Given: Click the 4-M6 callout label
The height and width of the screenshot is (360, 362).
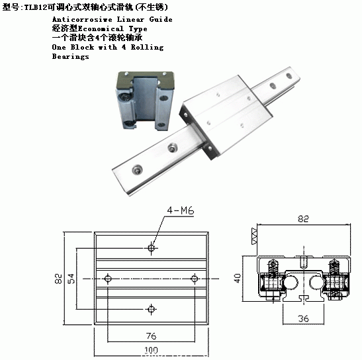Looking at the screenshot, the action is pos(181,210).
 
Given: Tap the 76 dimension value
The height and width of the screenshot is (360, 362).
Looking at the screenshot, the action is pos(151,336).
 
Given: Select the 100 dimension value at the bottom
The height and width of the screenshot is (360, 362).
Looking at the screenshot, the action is pos(151,350).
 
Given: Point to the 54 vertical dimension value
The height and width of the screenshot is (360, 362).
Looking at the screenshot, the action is pos(71,279).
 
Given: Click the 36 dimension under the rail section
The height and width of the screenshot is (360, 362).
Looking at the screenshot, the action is pos(303,319).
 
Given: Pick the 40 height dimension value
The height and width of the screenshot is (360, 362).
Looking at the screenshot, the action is pos(238,278).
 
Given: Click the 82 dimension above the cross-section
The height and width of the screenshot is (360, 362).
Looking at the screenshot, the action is pos(303,218).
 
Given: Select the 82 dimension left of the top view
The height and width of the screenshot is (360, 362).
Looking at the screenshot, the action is pos(58,279).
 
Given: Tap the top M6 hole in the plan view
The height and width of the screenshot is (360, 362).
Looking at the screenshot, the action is pos(151,248).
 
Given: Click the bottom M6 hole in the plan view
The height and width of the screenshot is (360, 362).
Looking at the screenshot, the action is pos(151,309).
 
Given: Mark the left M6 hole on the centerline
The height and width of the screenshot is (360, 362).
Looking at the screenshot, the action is pos(108,279).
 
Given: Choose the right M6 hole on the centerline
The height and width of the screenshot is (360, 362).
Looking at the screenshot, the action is pos(195,279).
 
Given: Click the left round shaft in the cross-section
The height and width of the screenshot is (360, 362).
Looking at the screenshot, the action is pos(291,283).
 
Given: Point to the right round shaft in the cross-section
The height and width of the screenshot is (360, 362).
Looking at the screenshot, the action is pos(316,283).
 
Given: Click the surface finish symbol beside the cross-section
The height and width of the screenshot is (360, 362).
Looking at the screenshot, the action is pos(254,236).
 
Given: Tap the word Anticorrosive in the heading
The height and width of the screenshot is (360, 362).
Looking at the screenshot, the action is pos(82,19).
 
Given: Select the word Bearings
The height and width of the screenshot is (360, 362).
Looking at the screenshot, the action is pos(70,56).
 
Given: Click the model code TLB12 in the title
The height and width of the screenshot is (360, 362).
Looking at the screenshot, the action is pos(36,7).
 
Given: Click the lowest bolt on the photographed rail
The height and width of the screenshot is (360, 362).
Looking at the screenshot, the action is pos(137,170).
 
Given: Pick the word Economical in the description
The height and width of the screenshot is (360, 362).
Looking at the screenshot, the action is pos(101,28).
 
